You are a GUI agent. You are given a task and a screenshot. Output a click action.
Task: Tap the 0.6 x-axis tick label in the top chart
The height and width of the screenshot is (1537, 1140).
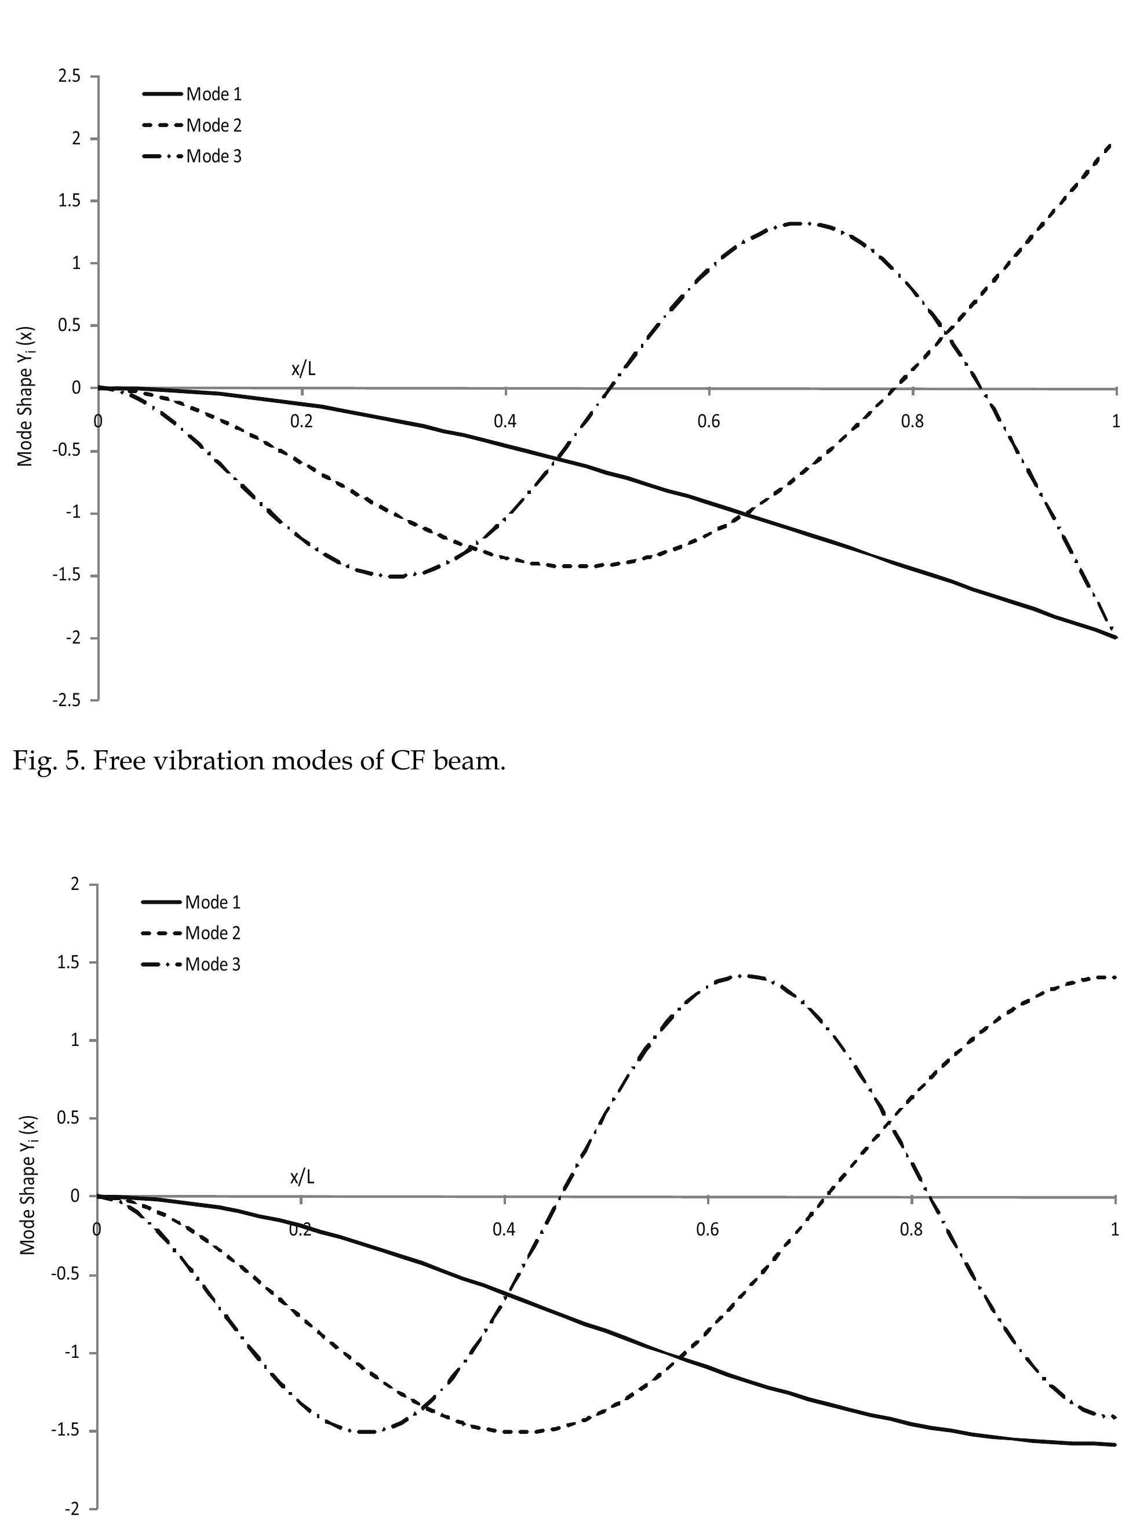[x=709, y=422]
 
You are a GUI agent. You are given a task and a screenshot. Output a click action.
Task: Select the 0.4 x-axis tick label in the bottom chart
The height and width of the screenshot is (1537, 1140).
[x=504, y=1230]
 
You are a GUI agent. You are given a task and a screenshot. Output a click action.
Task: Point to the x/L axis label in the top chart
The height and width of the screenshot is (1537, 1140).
[x=303, y=369]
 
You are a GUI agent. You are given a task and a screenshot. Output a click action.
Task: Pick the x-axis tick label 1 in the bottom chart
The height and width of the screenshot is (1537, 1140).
[x=1115, y=1230]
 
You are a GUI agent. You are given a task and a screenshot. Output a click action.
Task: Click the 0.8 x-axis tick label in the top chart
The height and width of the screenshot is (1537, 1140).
[x=912, y=422]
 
